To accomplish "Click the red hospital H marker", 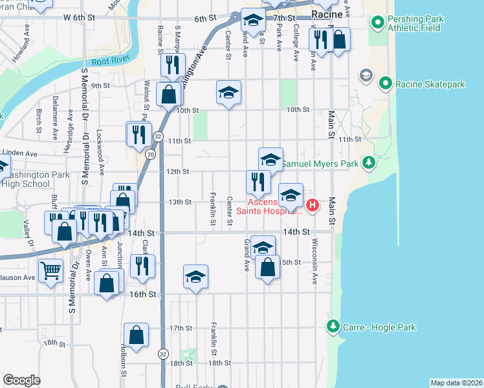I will (x=312, y=206).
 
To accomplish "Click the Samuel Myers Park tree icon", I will (x=369, y=162).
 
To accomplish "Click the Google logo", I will (x=22, y=380).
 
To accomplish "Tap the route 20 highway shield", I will (x=150, y=154).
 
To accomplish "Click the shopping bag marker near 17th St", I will (x=136, y=335).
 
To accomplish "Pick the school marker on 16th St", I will (x=195, y=277).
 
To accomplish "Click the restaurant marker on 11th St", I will (x=138, y=134).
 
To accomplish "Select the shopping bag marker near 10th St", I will (x=168, y=94).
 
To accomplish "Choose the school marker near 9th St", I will (x=228, y=92).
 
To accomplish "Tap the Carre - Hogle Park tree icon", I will (x=333, y=328).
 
